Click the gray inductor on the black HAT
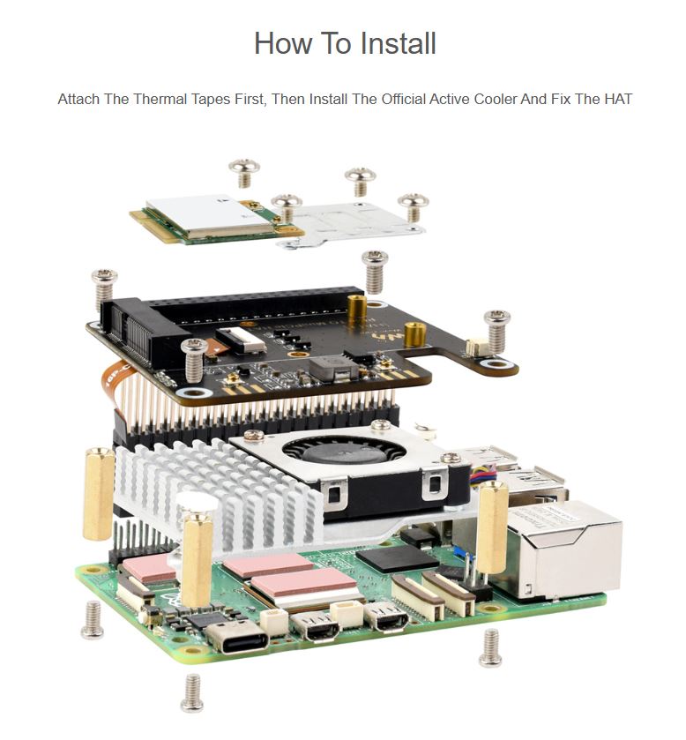pos(334,369)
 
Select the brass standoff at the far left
pos(99,494)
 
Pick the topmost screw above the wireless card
pos(244,173)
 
